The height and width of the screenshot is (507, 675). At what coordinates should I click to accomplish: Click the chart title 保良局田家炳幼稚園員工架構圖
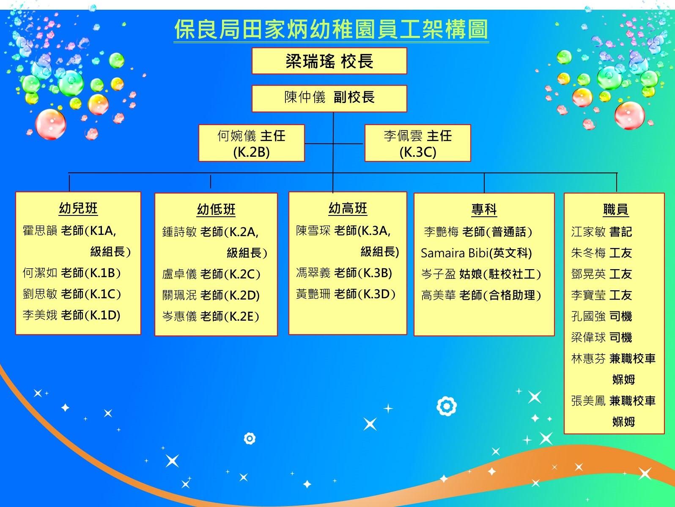click(x=331, y=30)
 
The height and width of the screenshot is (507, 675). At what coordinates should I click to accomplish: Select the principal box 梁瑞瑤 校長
click(x=329, y=61)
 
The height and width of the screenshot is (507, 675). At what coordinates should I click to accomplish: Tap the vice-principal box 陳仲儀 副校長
click(x=329, y=98)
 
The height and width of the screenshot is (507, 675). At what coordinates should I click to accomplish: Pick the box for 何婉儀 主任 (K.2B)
click(x=252, y=143)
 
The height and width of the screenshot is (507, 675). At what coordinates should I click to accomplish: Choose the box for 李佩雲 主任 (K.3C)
click(x=417, y=143)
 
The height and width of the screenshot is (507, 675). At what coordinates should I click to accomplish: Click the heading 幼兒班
click(x=78, y=208)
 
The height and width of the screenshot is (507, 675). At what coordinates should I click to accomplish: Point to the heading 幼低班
click(x=216, y=210)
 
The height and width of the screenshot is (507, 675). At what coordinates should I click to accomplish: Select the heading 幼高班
click(x=348, y=208)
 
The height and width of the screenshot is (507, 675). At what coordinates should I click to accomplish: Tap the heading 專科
click(x=484, y=210)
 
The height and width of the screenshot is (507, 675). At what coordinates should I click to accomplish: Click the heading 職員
click(x=615, y=210)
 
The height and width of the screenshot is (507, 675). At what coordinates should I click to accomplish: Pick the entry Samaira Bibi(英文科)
click(x=476, y=253)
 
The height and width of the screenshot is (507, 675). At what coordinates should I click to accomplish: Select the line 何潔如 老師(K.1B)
click(x=71, y=273)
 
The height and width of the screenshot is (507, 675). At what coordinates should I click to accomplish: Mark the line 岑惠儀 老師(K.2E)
click(x=211, y=316)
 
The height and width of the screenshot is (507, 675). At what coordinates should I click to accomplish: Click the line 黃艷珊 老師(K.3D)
click(x=346, y=294)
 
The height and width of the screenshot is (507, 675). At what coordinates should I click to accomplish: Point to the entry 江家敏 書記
click(x=601, y=232)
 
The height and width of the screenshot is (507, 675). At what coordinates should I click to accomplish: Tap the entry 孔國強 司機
click(x=601, y=316)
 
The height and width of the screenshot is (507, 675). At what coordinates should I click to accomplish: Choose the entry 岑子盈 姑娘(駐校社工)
click(x=481, y=274)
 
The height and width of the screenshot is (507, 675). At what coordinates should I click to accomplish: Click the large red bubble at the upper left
click(x=50, y=124)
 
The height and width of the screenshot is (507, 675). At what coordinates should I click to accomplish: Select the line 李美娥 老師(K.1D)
click(x=71, y=315)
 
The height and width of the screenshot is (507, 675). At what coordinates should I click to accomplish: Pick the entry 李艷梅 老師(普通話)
click(x=478, y=232)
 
